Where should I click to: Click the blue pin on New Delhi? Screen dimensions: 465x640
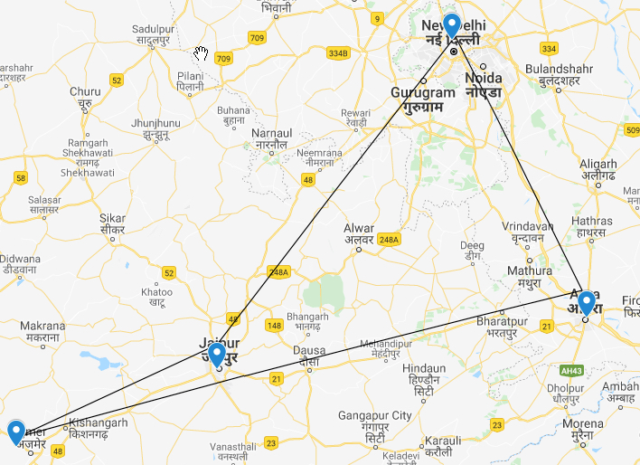click(452, 26)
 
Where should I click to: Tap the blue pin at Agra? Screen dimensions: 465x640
click(586, 302)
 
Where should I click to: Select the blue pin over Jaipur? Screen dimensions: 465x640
click(216, 352)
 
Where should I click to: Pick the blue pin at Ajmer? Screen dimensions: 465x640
click(15, 432)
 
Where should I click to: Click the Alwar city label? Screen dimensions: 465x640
click(359, 233)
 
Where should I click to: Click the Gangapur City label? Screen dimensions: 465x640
click(375, 421)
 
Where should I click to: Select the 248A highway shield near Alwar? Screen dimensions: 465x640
click(389, 239)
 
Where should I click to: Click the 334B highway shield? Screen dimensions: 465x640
click(338, 53)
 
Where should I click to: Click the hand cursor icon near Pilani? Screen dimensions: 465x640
click(202, 52)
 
